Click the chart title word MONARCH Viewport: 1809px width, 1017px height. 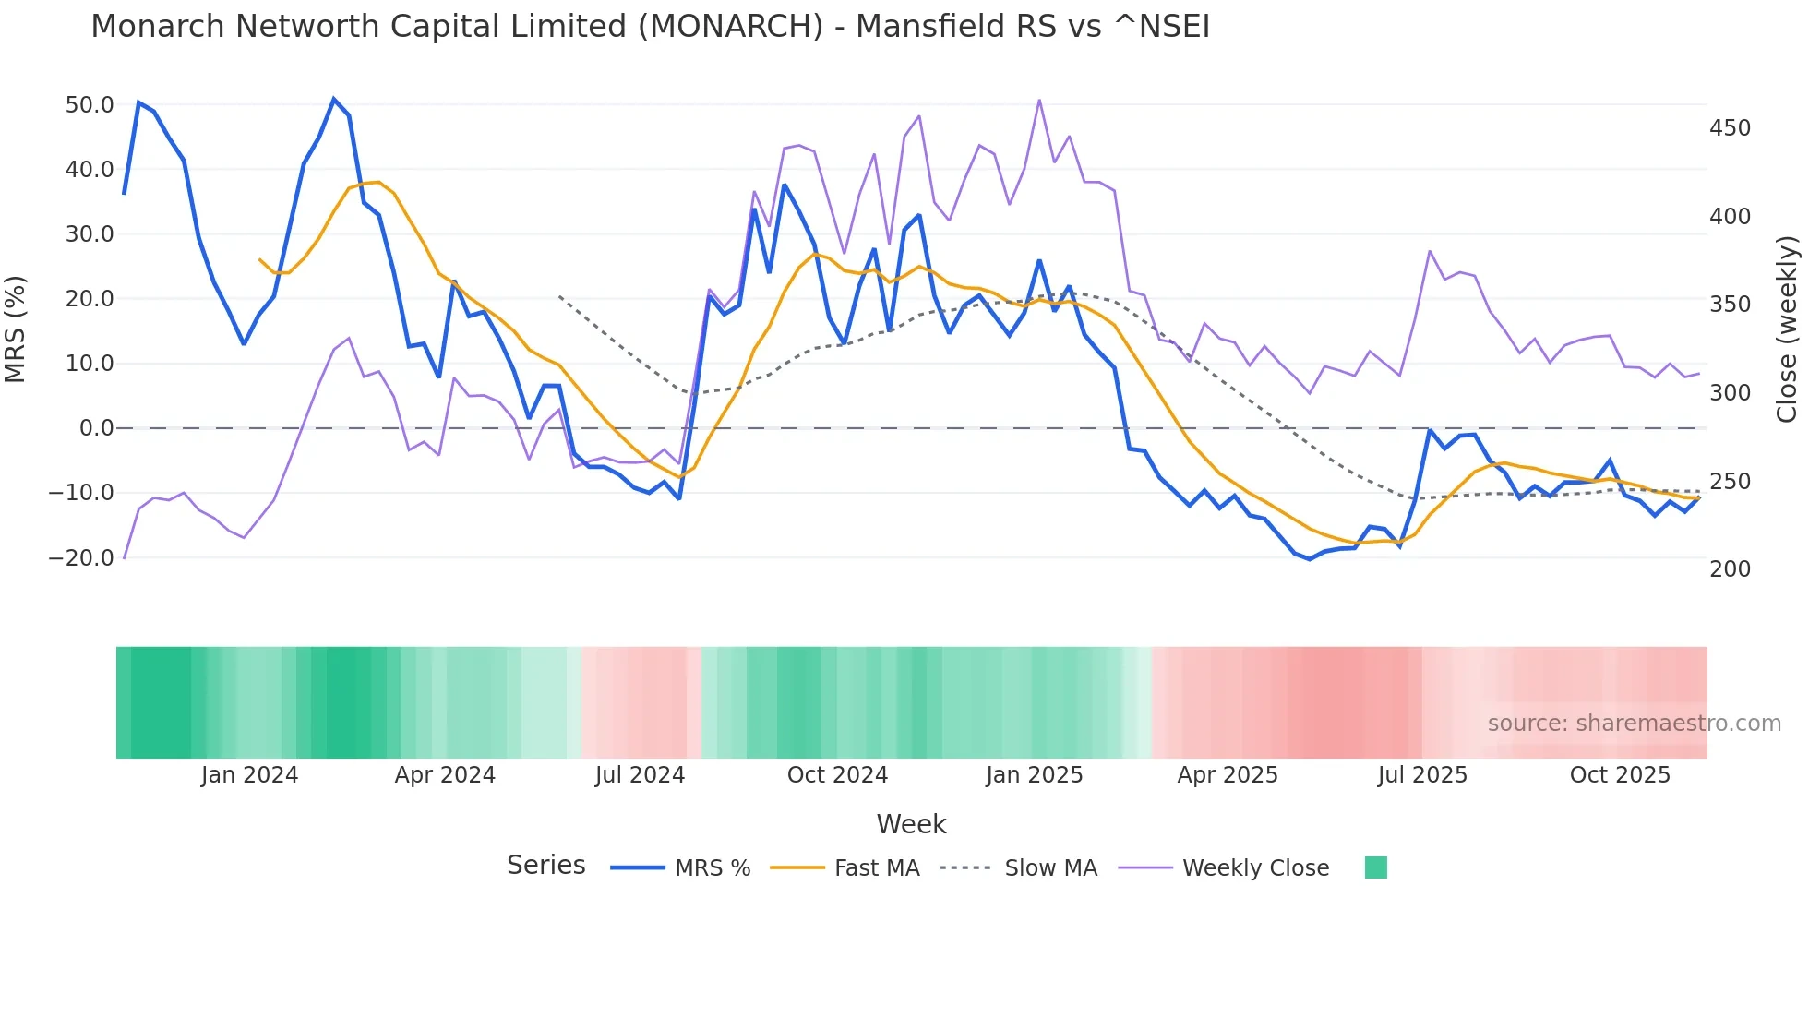[x=736, y=27]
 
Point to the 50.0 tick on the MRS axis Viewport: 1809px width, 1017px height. [x=90, y=105]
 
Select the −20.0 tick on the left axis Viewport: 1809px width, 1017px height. [x=81, y=558]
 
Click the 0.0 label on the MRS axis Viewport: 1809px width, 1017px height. [x=97, y=428]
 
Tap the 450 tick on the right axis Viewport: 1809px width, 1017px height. [x=1730, y=128]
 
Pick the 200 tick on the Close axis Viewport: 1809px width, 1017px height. [x=1730, y=569]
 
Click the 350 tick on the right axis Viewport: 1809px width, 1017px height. [x=1730, y=305]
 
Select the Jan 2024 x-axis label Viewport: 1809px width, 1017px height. [x=249, y=775]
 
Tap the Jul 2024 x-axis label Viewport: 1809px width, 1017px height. [x=640, y=775]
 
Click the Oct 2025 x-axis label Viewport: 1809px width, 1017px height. [x=1620, y=775]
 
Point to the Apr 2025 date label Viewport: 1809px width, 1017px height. [x=1228, y=775]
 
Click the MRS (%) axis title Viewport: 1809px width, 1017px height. [x=16, y=329]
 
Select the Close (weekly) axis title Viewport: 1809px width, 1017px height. [x=1788, y=329]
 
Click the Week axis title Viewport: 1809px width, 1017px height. [x=911, y=824]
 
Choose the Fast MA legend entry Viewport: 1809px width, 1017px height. [x=876, y=868]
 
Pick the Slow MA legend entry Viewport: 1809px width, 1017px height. [x=1050, y=868]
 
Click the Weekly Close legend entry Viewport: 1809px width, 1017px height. [x=1255, y=868]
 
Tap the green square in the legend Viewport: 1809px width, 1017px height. [x=1375, y=867]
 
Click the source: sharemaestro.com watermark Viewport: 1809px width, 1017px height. [x=1634, y=724]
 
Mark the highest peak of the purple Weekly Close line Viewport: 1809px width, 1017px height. [x=1039, y=101]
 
